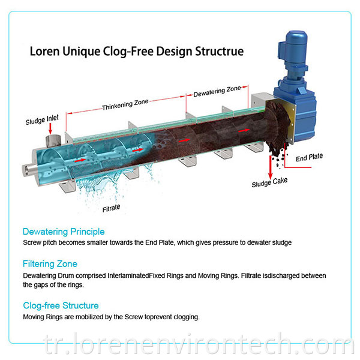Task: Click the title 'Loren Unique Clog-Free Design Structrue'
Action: tap(137, 51)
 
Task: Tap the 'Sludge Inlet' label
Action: tap(42, 121)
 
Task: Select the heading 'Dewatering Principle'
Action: tap(64, 232)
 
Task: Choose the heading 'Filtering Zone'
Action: tap(50, 264)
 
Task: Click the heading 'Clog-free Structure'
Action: tap(61, 306)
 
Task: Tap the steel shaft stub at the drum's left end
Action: tap(29, 167)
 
